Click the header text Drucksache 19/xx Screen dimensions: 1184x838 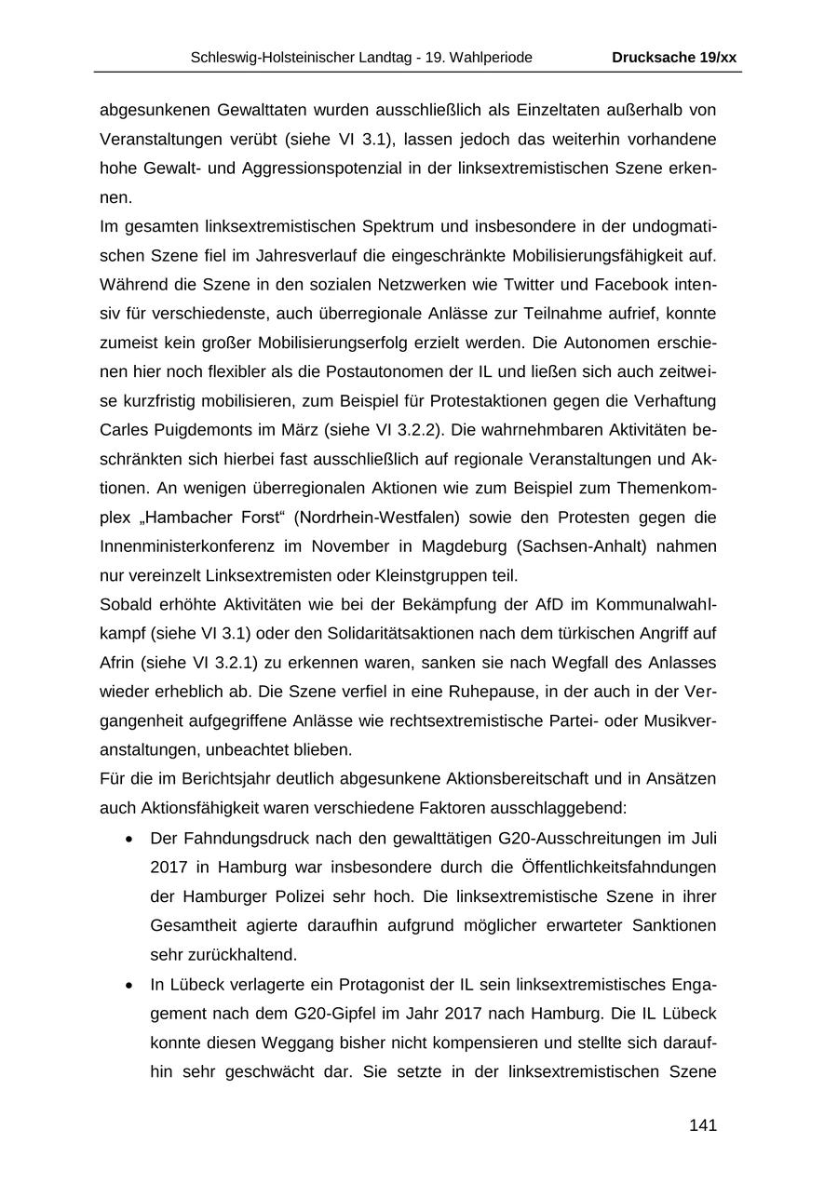pos(673,58)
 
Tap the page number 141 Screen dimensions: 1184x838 pos(702,1125)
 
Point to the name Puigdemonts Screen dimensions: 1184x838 pos(216,430)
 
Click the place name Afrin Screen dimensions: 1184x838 pos(118,662)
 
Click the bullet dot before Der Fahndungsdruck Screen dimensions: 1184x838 pos(128,838)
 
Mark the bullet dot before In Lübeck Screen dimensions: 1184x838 pos(128,984)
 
